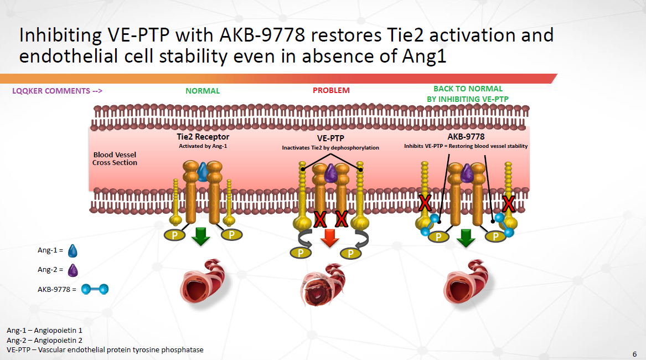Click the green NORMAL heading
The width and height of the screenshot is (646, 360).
pos(202,91)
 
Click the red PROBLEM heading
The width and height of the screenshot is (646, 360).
pos(331,90)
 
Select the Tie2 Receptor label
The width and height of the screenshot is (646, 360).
pos(203,136)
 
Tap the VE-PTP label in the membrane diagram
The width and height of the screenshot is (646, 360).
pos(330,138)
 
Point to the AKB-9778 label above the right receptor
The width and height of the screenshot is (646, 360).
pos(466,136)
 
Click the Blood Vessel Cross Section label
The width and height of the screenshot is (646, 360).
pos(115,159)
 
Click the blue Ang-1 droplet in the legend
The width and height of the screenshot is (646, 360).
pos(73,251)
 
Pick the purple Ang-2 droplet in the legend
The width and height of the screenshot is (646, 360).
pos(73,270)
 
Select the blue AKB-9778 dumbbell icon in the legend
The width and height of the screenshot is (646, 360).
pos(95,289)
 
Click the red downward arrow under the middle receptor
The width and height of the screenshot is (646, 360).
pos(329,238)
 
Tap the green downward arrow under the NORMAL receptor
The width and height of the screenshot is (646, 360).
pos(200,236)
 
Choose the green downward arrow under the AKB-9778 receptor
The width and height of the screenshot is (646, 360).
pos(466,238)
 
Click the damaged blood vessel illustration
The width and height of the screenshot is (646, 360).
pos(322,285)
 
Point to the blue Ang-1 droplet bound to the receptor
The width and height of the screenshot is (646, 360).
pos(202,172)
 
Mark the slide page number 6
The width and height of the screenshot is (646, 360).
pos(634,354)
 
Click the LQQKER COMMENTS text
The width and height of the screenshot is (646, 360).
pos(57,91)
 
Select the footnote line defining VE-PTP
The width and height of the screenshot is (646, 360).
pos(105,349)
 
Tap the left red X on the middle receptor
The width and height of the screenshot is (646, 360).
pos(320,219)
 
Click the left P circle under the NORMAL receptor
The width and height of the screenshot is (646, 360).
pos(175,235)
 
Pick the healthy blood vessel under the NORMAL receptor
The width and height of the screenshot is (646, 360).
pos(203,281)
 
